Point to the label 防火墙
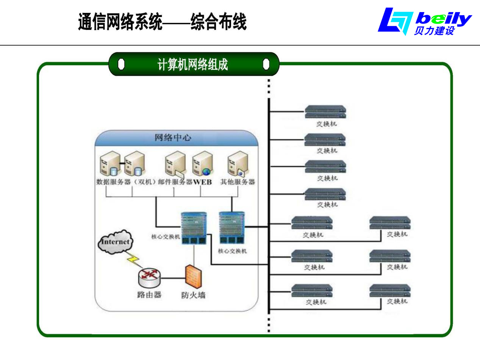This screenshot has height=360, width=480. pyautogui.click(x=193, y=295)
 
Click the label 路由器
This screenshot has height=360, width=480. pyautogui.click(x=149, y=294)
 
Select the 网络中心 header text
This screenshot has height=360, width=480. pyautogui.click(x=173, y=138)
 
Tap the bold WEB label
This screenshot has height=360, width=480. pyautogui.click(x=203, y=182)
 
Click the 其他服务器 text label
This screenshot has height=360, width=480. pyautogui.click(x=238, y=182)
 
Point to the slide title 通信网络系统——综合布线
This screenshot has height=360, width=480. pyautogui.click(x=162, y=22)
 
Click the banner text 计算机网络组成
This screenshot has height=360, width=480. pyautogui.click(x=192, y=65)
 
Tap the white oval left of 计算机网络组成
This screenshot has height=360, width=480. pyautogui.click(x=121, y=64)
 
